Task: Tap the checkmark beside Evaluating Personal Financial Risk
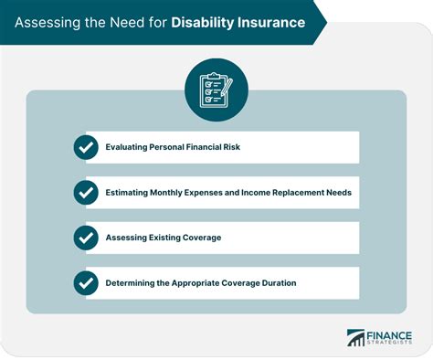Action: [x=86, y=148]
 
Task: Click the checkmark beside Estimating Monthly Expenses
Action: [x=86, y=193]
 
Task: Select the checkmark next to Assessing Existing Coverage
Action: [x=86, y=238]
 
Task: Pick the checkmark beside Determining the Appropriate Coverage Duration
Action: [x=86, y=282]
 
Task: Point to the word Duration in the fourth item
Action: [x=298, y=282]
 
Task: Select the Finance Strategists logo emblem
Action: [x=354, y=338]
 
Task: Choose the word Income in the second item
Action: [x=258, y=193]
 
